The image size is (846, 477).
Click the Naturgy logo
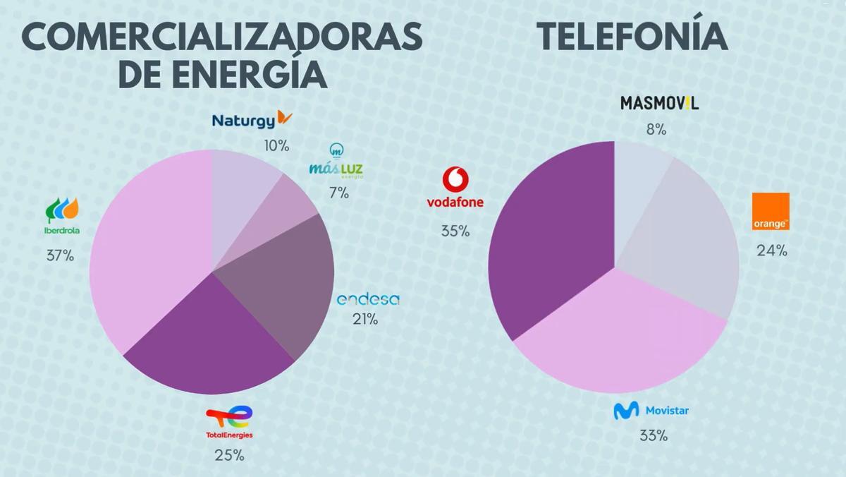click(x=252, y=119)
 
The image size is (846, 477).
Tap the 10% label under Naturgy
click(x=276, y=146)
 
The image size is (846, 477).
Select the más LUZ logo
click(x=336, y=163)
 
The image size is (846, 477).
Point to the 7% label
click(x=338, y=193)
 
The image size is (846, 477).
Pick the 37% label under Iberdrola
click(x=60, y=255)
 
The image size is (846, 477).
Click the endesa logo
click(x=368, y=300)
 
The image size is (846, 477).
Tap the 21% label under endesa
click(x=365, y=320)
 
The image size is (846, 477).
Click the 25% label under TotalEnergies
click(x=229, y=455)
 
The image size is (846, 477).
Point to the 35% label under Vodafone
click(x=455, y=231)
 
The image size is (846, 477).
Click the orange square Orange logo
click(x=771, y=211)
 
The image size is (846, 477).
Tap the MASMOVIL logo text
click(x=659, y=103)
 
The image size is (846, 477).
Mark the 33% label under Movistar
click(x=653, y=436)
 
